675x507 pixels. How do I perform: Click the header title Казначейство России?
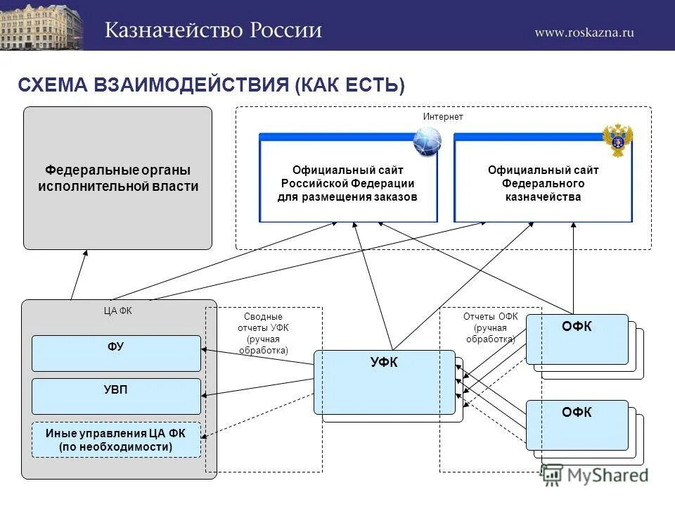214,30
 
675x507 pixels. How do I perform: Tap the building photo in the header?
41,25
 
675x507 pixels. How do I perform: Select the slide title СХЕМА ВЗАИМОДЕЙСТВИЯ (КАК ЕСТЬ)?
211,85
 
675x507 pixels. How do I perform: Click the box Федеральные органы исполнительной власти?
118,178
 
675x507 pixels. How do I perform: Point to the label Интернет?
443,116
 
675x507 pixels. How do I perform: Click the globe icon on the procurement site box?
427,142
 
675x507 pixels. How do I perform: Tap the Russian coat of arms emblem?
618,139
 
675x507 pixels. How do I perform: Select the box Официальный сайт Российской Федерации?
348,183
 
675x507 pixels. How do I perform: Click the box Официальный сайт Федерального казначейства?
543,183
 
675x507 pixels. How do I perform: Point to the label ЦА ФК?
118,311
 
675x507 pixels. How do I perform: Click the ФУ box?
117,353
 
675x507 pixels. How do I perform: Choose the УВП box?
117,396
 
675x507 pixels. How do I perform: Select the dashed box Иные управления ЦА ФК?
117,440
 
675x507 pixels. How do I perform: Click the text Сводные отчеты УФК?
263,333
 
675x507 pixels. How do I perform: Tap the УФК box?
384,382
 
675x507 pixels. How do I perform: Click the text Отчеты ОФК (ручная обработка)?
490,327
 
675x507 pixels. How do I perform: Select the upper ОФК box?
577,339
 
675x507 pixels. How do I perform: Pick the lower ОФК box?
577,425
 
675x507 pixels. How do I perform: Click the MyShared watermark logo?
595,476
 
